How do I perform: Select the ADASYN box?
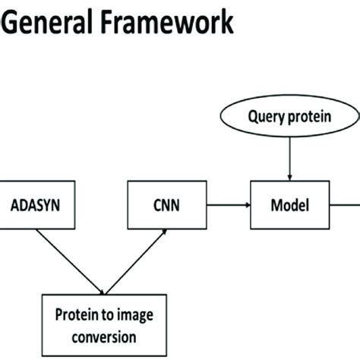click(x=36, y=205)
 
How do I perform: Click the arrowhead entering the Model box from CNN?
click(x=246, y=205)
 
